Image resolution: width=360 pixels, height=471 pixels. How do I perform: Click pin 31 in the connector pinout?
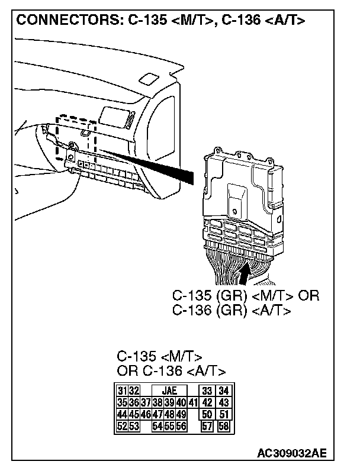coord(121,391)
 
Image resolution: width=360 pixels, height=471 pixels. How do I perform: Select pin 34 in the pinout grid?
coord(223,391)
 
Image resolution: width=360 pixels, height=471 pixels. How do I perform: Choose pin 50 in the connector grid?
coord(207,414)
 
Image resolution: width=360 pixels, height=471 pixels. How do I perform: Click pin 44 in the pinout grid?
coord(121,414)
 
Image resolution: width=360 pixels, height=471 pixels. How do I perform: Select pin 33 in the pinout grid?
coord(207,391)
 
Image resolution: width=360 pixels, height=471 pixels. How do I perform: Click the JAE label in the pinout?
coord(169,391)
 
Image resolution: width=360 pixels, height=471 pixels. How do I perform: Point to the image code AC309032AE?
coord(291,454)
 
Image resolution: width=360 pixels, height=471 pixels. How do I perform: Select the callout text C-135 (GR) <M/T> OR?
coord(245,295)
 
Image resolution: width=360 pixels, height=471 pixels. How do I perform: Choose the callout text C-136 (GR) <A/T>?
coord(231,309)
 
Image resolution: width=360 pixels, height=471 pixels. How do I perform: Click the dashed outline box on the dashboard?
coord(75,139)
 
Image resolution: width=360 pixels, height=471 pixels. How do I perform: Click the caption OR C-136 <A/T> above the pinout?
coord(171,371)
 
